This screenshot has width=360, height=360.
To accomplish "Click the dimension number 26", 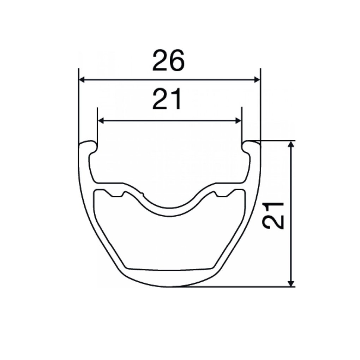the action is [168, 60].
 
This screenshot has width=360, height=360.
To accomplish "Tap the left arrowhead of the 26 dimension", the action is [82, 80].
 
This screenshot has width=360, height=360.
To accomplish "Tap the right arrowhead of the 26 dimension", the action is [257, 80].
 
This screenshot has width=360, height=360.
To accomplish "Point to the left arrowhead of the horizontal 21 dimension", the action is [101, 121].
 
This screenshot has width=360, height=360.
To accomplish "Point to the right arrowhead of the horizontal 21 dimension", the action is [238, 121].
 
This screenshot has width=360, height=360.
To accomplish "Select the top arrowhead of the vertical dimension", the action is [291, 144].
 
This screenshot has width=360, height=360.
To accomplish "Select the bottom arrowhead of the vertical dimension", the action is [291, 283].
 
